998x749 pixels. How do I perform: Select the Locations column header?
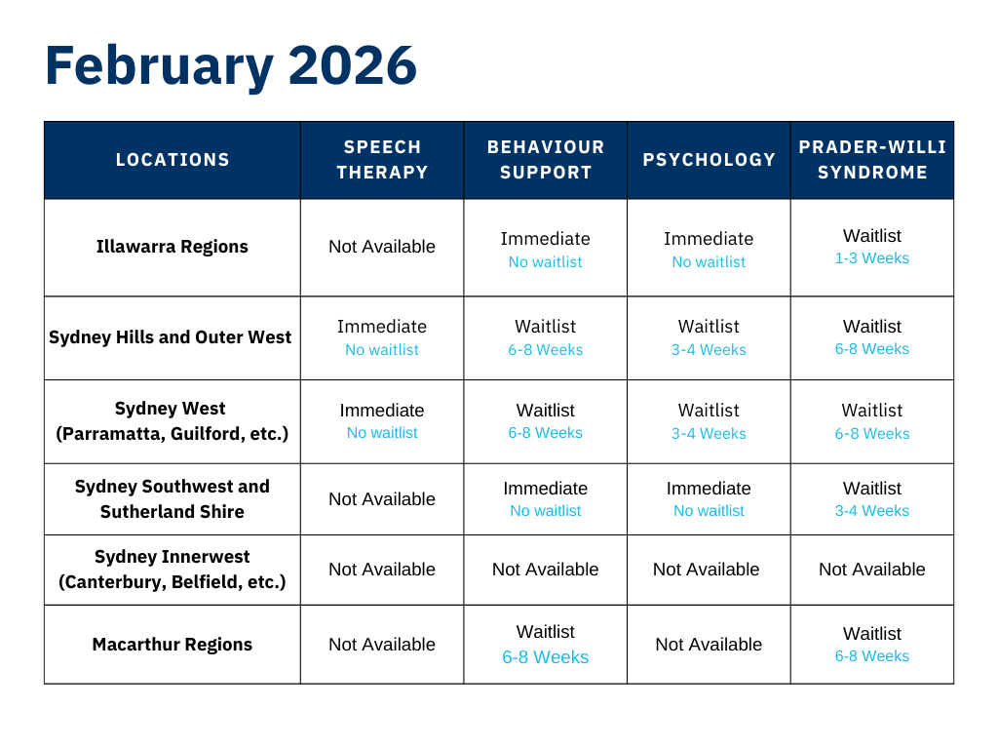pos(173,159)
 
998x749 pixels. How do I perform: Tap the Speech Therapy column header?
pos(382,159)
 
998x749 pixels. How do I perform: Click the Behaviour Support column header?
pos(546,159)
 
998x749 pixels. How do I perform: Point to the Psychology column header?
pos(710,159)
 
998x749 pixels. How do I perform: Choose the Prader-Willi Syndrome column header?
pos(872,159)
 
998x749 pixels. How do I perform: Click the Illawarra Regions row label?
pos(172,247)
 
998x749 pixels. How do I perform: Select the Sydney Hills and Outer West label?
pos(170,336)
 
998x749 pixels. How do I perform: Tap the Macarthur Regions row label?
pos(172,645)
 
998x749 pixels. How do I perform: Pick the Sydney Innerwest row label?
pos(172,570)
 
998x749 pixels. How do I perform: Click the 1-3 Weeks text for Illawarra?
pos(872,258)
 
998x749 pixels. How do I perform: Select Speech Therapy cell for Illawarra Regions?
pos(382,247)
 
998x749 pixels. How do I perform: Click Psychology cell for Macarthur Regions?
pos(710,645)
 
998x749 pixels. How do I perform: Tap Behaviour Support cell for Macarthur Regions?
pos(546,645)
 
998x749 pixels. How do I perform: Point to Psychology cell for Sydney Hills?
pos(710,338)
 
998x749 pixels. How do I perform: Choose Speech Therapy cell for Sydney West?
pos(382,421)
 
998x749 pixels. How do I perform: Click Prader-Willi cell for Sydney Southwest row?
pos(872,499)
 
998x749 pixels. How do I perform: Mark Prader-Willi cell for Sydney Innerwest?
pos(872,570)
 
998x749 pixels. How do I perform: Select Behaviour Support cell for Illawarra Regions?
pos(546,250)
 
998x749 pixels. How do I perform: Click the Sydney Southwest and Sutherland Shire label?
pos(172,499)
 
